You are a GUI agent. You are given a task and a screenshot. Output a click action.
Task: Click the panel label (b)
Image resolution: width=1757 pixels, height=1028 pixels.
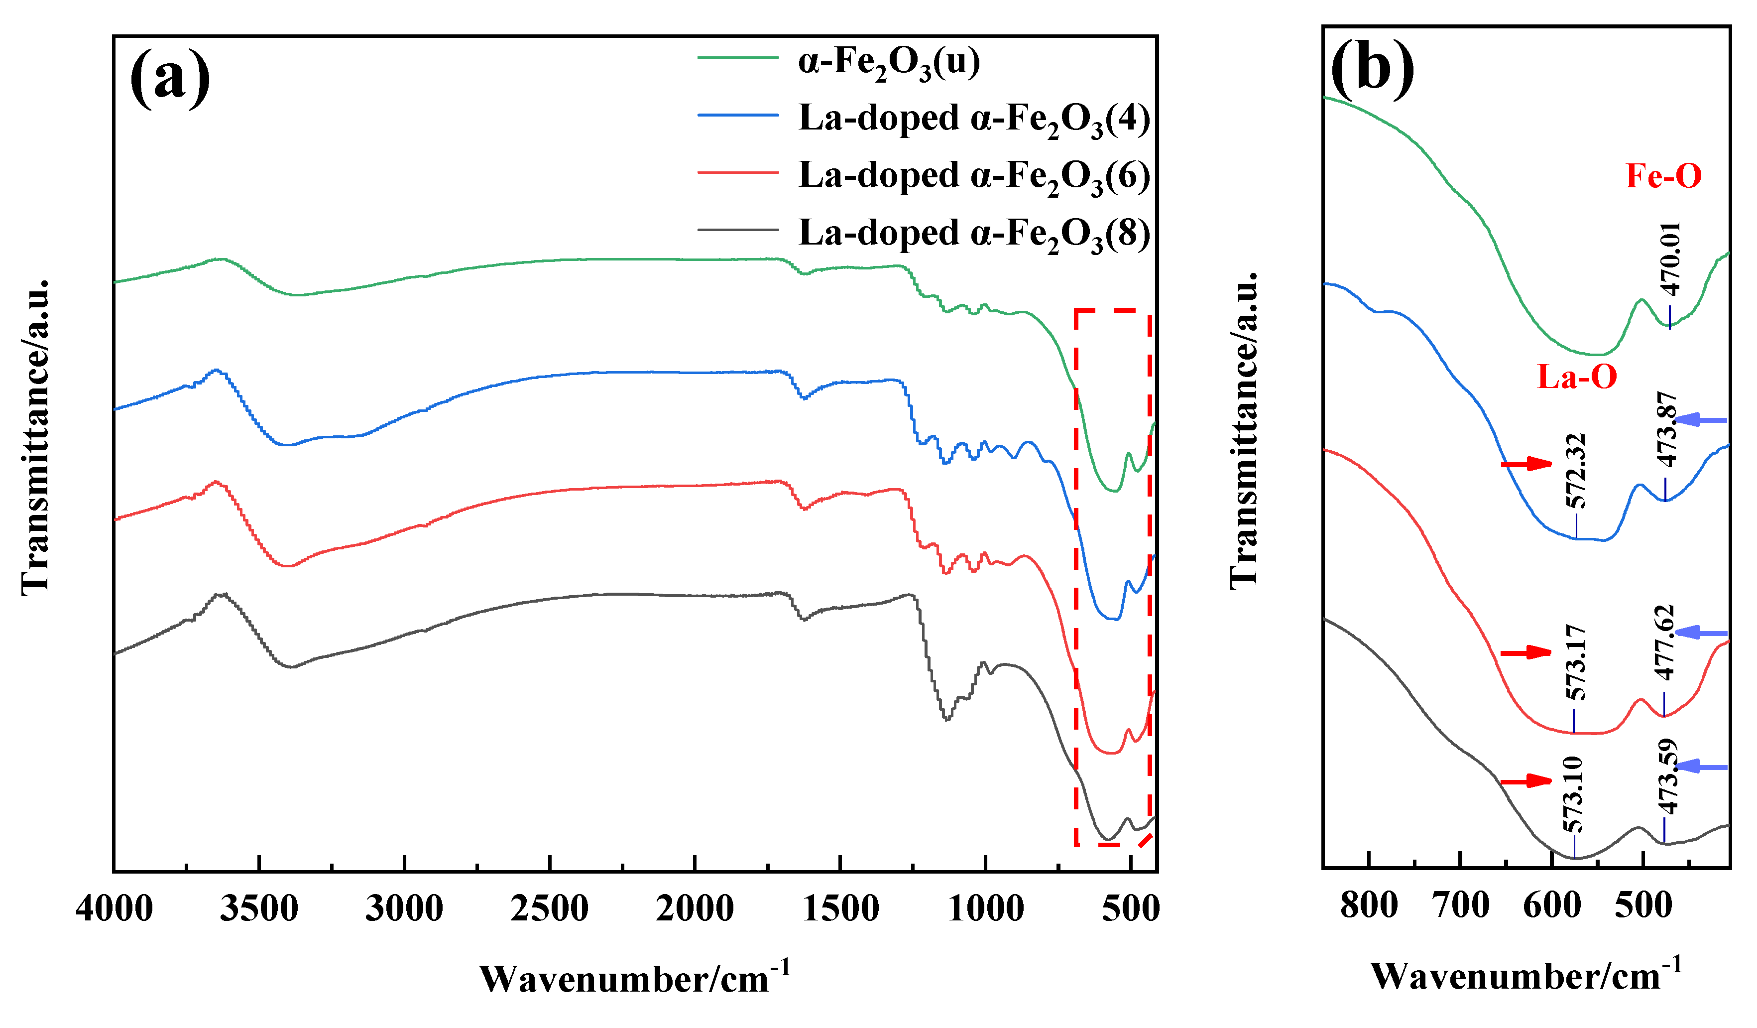click(1372, 68)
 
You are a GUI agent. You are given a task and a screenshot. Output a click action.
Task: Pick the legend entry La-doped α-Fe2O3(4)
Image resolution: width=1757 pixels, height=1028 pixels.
click(973, 119)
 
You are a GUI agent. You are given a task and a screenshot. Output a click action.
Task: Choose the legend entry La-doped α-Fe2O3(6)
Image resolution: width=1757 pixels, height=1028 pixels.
click(973, 176)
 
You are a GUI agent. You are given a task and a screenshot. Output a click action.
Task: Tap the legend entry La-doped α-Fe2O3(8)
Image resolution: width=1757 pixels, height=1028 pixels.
click(973, 234)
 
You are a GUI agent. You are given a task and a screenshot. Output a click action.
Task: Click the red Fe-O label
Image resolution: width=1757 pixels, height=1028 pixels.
click(1663, 176)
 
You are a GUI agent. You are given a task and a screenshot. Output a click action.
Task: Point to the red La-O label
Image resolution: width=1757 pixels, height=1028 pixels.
click(1577, 378)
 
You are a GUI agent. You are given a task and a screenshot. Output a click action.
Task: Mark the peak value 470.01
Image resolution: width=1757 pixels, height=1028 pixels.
click(1670, 259)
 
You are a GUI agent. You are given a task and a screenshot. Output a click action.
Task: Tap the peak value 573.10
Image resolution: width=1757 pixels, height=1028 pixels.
click(1573, 794)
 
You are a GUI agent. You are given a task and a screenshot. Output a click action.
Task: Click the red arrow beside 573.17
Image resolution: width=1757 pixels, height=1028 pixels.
click(1525, 652)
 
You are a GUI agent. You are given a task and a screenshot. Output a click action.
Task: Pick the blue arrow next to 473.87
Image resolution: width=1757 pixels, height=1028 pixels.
click(1701, 420)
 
